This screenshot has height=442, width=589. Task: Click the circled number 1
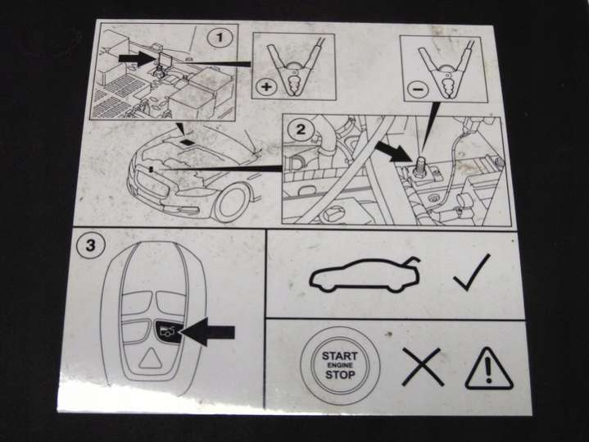point(220,38)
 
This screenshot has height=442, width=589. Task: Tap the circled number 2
point(301,130)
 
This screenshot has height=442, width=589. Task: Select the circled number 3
point(90,246)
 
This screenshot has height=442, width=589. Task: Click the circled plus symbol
point(266,87)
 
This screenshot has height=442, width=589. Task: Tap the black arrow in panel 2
point(392,152)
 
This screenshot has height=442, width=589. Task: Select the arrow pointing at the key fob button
point(207,331)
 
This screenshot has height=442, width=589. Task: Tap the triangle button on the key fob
point(150,358)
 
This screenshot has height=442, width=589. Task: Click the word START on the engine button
point(339,355)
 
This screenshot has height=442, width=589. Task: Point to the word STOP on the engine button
point(340,375)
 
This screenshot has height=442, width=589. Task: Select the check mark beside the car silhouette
point(472,272)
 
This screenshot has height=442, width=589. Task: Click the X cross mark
point(423,367)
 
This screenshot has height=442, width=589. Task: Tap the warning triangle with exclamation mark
point(488,369)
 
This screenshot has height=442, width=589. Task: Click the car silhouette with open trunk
point(365,275)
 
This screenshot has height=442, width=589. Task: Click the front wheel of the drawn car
point(232,203)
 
